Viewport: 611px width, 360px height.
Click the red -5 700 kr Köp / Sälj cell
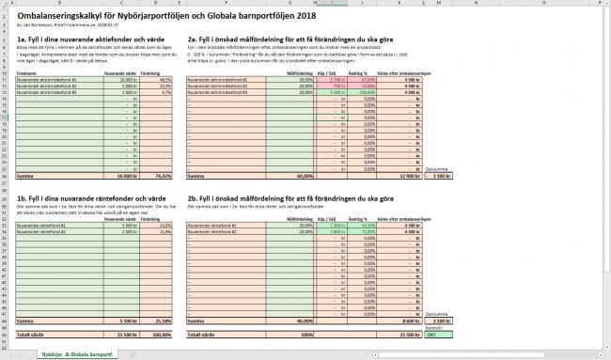click(x=330, y=80)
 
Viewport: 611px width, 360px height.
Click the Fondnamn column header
click(x=27, y=72)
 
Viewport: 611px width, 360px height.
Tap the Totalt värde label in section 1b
click(x=31, y=334)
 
